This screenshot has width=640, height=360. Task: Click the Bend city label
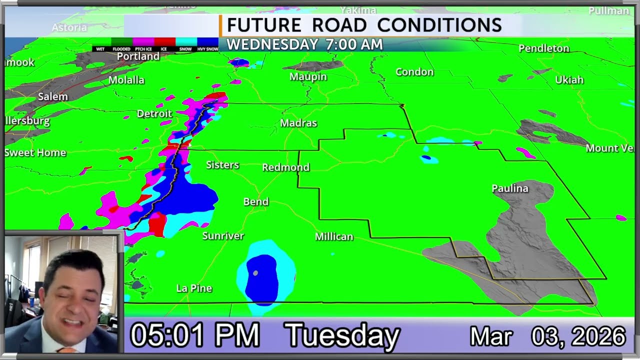coord(256,202)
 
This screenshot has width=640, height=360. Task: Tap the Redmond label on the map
coord(286,167)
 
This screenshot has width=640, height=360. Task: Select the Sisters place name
coord(222,165)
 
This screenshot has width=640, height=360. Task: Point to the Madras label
coord(298,123)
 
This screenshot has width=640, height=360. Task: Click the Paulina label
coord(510,188)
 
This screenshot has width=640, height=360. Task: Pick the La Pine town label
coord(194,288)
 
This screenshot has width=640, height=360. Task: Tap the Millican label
coord(334,236)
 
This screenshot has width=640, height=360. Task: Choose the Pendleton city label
coord(544,48)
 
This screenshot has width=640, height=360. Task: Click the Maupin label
coord(308,76)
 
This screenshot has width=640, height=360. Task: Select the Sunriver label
coord(223,235)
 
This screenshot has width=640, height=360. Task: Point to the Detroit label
coord(154,114)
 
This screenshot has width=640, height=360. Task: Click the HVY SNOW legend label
coord(207,49)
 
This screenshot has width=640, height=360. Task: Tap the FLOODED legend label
coord(121,49)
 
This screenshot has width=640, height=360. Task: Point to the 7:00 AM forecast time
coord(354,44)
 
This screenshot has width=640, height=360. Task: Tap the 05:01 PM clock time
coord(195,335)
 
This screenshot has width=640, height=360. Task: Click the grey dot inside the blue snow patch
coord(255,273)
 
